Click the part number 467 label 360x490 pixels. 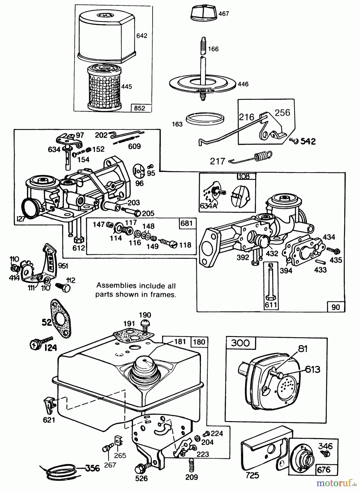tap(224, 14)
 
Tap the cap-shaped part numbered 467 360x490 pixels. tap(202, 12)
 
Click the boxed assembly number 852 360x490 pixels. tap(140, 108)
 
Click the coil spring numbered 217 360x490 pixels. tap(263, 156)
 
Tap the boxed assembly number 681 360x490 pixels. tap(187, 223)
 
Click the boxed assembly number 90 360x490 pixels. tap(335, 307)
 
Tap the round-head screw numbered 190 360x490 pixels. tap(145, 324)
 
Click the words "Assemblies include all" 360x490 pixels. tap(136, 286)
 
